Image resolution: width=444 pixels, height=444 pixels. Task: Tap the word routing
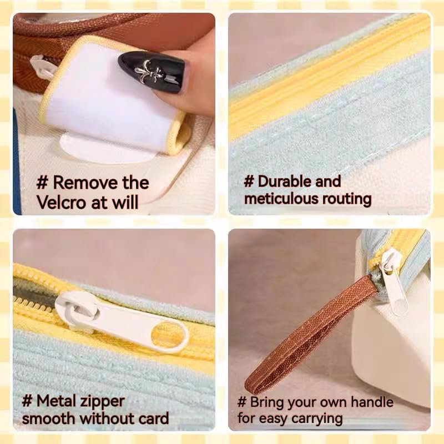click(347, 199)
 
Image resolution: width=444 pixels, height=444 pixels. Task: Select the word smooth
click(49, 418)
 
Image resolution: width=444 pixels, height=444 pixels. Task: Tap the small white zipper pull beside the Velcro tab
click(43, 67)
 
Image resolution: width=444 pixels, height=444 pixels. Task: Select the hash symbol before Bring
click(242, 402)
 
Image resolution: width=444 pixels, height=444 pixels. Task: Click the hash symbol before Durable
click(249, 181)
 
